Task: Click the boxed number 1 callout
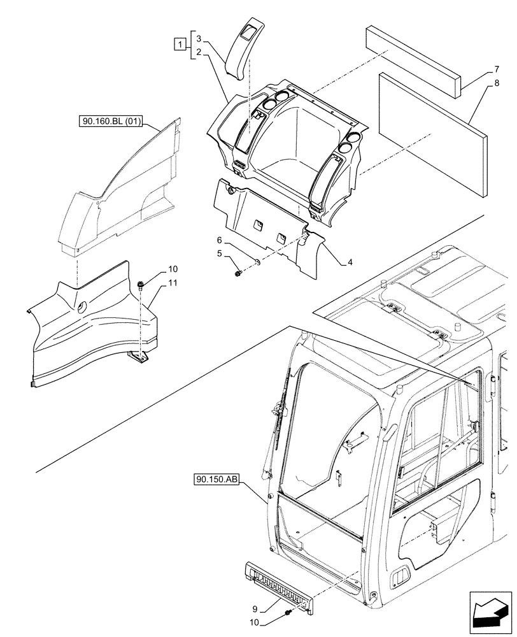click(181, 45)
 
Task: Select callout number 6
click(219, 240)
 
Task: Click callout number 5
click(219, 254)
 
